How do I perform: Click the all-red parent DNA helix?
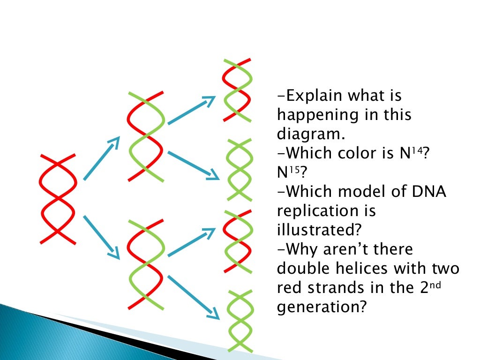pos(58,198)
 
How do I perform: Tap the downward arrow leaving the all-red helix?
pos(101,237)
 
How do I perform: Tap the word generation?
pos(320,307)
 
